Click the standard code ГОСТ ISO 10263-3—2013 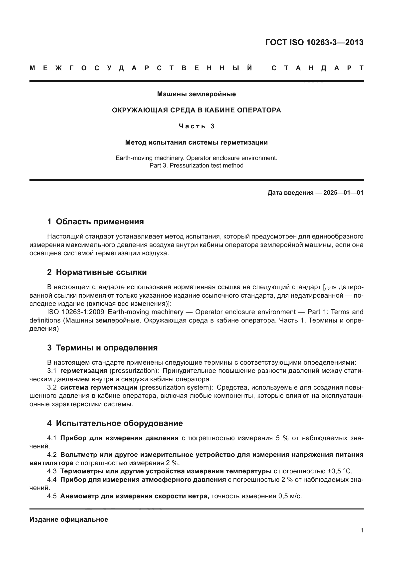pyautogui.click(x=314, y=42)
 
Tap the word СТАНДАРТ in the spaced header pyautogui.click(x=317, y=68)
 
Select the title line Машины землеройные pyautogui.click(x=196, y=94)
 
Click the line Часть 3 pyautogui.click(x=196, y=126)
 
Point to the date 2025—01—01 pyautogui.click(x=343, y=193)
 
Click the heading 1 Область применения pyautogui.click(x=95, y=222)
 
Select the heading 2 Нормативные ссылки pyautogui.click(x=97, y=272)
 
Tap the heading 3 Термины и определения pyautogui.click(x=102, y=348)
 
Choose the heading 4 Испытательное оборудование pyautogui.click(x=115, y=423)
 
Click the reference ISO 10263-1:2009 pyautogui.click(x=75, y=312)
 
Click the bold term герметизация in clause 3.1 pyautogui.click(x=84, y=371)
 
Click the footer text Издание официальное pyautogui.click(x=69, y=519)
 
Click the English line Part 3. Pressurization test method pyautogui.click(x=196, y=166)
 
